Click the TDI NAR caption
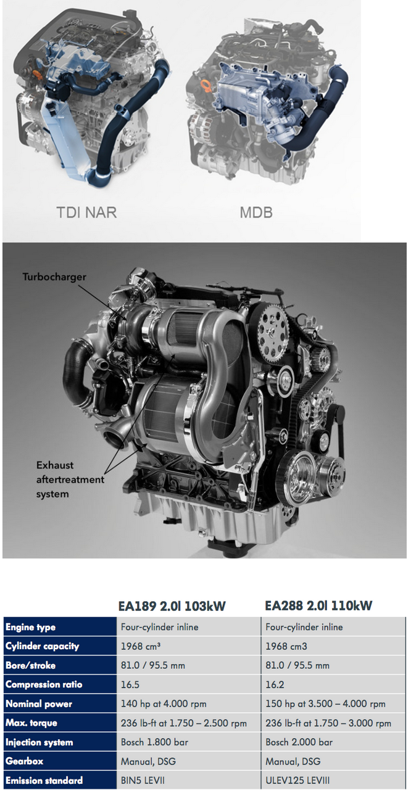87,212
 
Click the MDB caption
256,212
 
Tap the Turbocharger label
54,277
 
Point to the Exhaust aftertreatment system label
70,480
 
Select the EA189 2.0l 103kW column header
172,606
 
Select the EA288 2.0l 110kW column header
318,606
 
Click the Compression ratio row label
44,684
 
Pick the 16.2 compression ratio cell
275,684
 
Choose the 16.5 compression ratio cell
130,684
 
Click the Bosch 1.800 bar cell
154,742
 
